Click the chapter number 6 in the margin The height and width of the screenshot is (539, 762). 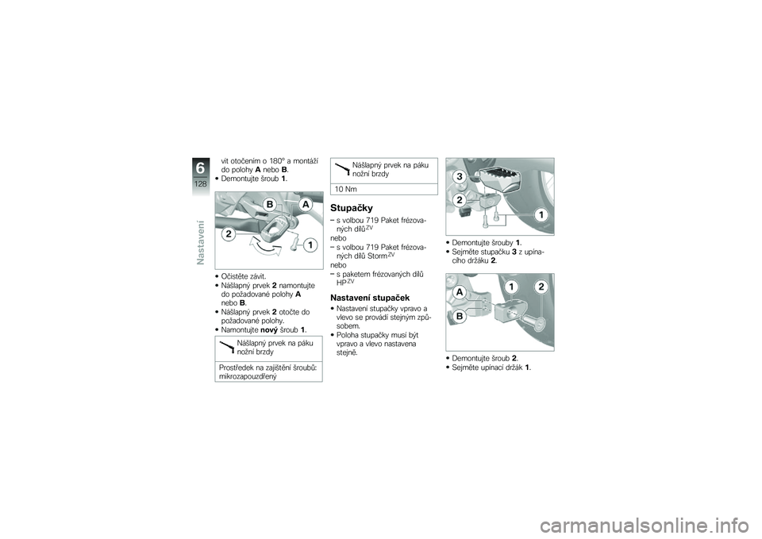pos(200,168)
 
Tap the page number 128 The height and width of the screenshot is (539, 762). pos(200,183)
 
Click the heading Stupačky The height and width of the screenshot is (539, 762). pos(352,208)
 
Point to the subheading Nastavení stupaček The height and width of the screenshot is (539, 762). pos(369,298)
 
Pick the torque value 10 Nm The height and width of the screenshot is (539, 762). pos(346,189)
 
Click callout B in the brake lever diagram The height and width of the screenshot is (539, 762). pos(270,202)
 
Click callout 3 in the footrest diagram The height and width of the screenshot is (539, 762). pos(460,177)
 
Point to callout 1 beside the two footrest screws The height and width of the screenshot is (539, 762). pos(541,214)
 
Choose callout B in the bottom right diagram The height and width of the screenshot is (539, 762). pos(459,316)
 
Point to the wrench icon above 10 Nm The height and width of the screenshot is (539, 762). pos(343,168)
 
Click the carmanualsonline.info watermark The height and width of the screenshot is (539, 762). pos(648,526)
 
